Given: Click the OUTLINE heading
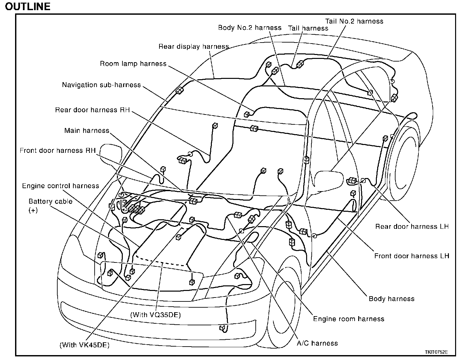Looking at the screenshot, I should (28, 6).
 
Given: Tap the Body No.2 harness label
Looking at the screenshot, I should (249, 27).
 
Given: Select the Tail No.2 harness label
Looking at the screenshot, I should (354, 21).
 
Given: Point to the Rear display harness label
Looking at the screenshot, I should (194, 46).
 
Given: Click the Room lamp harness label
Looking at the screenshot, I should (133, 63).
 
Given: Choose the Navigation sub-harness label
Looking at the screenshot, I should (101, 85).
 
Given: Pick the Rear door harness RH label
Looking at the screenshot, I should (92, 110).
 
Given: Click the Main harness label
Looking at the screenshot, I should (87, 131).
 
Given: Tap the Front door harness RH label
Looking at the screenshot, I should (58, 151).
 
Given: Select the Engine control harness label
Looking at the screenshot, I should (61, 186).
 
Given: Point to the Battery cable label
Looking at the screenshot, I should (50, 202).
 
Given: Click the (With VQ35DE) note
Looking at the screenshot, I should (156, 315).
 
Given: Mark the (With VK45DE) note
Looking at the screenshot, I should (84, 345).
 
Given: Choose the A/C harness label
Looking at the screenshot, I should (317, 343).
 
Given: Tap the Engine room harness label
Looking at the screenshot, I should (349, 319).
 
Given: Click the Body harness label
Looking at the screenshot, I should (391, 298).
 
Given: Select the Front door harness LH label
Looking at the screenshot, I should (412, 256).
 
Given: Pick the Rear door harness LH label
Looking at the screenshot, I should (412, 226).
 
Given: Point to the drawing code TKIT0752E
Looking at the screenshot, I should (436, 352).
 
